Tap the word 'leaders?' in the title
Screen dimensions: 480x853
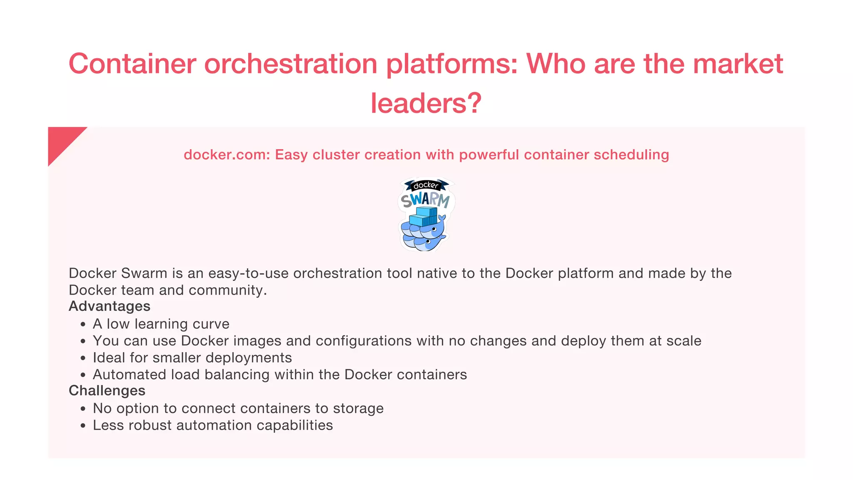click(x=426, y=103)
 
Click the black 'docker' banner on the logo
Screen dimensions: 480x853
click(x=426, y=185)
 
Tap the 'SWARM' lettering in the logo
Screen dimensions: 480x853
click(x=425, y=200)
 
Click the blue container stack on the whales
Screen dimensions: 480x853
click(x=423, y=217)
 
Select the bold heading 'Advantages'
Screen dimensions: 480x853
click(x=110, y=306)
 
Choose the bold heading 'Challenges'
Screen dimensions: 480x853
click(x=107, y=391)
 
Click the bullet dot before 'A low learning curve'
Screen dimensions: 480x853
click(x=83, y=325)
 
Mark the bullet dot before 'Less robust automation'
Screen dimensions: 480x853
click(x=83, y=426)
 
